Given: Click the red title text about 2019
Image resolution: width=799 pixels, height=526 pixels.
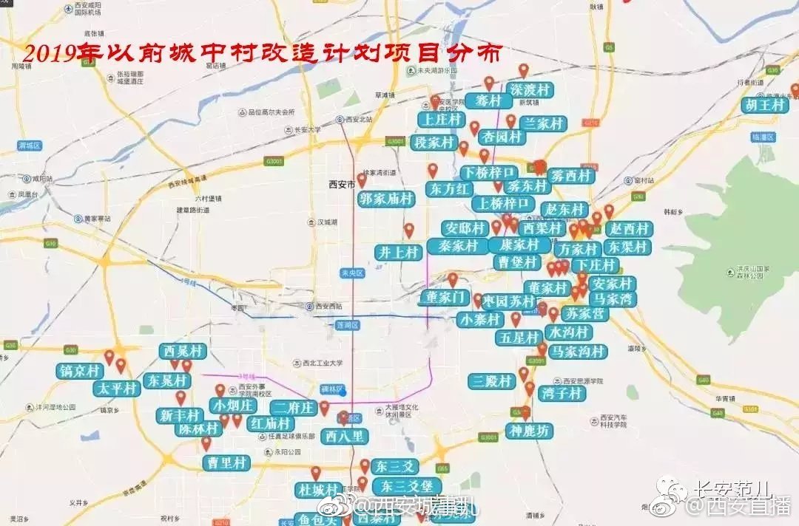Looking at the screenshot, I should tap(263, 54).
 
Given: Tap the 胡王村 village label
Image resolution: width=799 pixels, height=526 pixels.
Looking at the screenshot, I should tap(764, 105).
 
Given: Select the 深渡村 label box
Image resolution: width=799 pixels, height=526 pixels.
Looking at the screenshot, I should tap(531, 90).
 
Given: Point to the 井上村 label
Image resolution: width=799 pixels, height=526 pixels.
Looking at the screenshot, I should tap(398, 253).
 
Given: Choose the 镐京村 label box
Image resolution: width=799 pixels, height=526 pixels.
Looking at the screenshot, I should tap(78, 371).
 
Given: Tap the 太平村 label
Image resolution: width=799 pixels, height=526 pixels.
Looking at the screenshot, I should tap(116, 389).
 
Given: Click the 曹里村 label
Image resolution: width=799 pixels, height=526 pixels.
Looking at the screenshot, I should tap(226, 462).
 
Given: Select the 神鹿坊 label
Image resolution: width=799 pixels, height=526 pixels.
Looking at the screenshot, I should tap(529, 431).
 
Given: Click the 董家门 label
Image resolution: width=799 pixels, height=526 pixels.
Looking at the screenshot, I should tap(443, 298).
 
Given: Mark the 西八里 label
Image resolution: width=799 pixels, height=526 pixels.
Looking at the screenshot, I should tap(344, 436).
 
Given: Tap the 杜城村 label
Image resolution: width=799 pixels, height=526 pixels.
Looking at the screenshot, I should tap(317, 490).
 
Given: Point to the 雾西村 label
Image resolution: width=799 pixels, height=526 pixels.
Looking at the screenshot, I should tap(571, 176).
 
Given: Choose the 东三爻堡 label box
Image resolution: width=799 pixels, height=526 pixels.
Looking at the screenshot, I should tap(407, 486).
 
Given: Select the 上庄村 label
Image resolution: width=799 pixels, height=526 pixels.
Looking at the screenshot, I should tap(440, 120).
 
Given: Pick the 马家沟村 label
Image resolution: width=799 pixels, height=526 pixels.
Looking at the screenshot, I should tap(578, 351).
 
